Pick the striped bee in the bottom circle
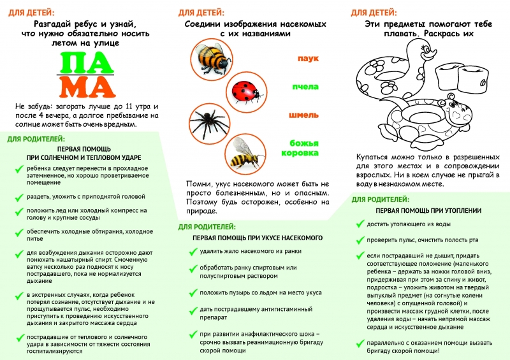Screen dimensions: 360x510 245,152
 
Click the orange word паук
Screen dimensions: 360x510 308,58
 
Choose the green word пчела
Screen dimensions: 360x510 305,86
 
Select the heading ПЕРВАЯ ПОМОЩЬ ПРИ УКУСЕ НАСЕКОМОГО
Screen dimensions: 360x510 258,238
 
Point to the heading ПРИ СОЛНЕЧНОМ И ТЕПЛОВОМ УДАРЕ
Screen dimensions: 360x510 84,157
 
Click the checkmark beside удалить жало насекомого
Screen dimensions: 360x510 193,251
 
